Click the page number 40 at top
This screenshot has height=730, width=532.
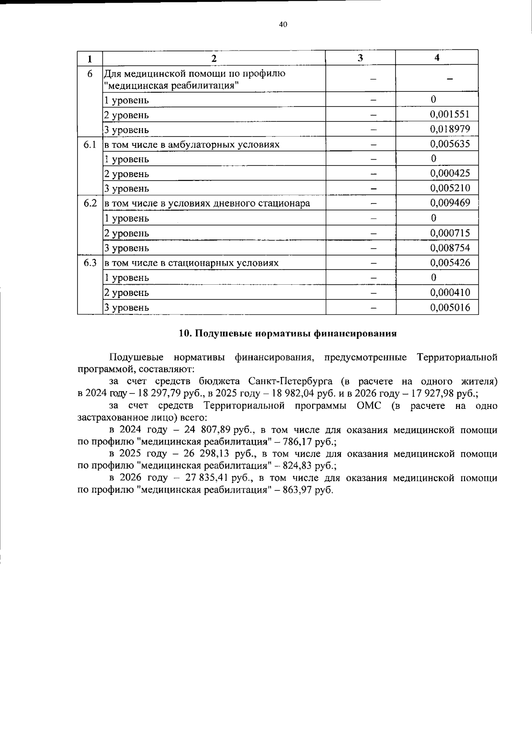coord(283,25)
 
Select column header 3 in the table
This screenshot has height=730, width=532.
coord(360,58)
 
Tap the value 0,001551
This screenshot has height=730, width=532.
coord(450,114)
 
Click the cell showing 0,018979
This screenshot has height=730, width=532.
coord(450,129)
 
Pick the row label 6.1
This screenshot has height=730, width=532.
coord(90,144)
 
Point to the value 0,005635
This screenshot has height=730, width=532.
coord(450,144)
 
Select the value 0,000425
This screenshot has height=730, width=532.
coord(450,173)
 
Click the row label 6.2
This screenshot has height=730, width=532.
coord(90,203)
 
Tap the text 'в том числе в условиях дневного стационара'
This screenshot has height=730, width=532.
coord(207,204)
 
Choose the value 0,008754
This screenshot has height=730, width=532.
coord(450,247)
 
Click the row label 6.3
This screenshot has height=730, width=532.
coord(90,263)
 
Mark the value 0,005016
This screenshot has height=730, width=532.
coord(450,307)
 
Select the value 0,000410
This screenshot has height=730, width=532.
coord(450,292)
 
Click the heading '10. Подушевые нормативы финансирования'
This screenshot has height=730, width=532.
coord(287,334)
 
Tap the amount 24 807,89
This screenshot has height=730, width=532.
coord(206,430)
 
